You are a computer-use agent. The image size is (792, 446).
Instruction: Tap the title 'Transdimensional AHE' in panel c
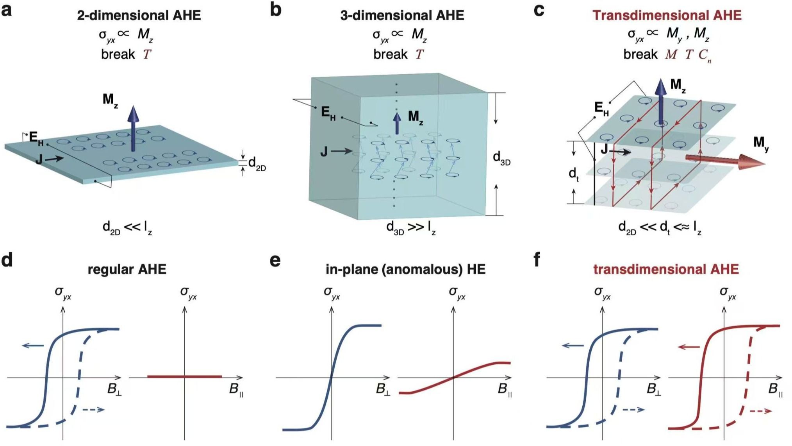[667, 15]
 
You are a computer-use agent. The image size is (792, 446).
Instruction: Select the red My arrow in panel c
[725, 161]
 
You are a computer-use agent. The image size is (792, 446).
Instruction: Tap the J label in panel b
[324, 151]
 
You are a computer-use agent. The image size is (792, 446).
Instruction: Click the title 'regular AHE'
[127, 269]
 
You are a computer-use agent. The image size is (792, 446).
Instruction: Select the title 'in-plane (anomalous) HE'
[405, 269]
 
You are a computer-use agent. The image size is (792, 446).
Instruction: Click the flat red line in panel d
[184, 376]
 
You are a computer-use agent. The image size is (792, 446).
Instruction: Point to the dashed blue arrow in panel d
[93, 409]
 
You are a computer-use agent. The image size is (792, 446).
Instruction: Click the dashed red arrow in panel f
[760, 411]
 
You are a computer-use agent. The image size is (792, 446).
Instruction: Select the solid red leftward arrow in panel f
[689, 347]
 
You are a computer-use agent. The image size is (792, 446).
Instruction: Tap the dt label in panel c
[573, 174]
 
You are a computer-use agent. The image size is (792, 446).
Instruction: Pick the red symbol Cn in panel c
[705, 56]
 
